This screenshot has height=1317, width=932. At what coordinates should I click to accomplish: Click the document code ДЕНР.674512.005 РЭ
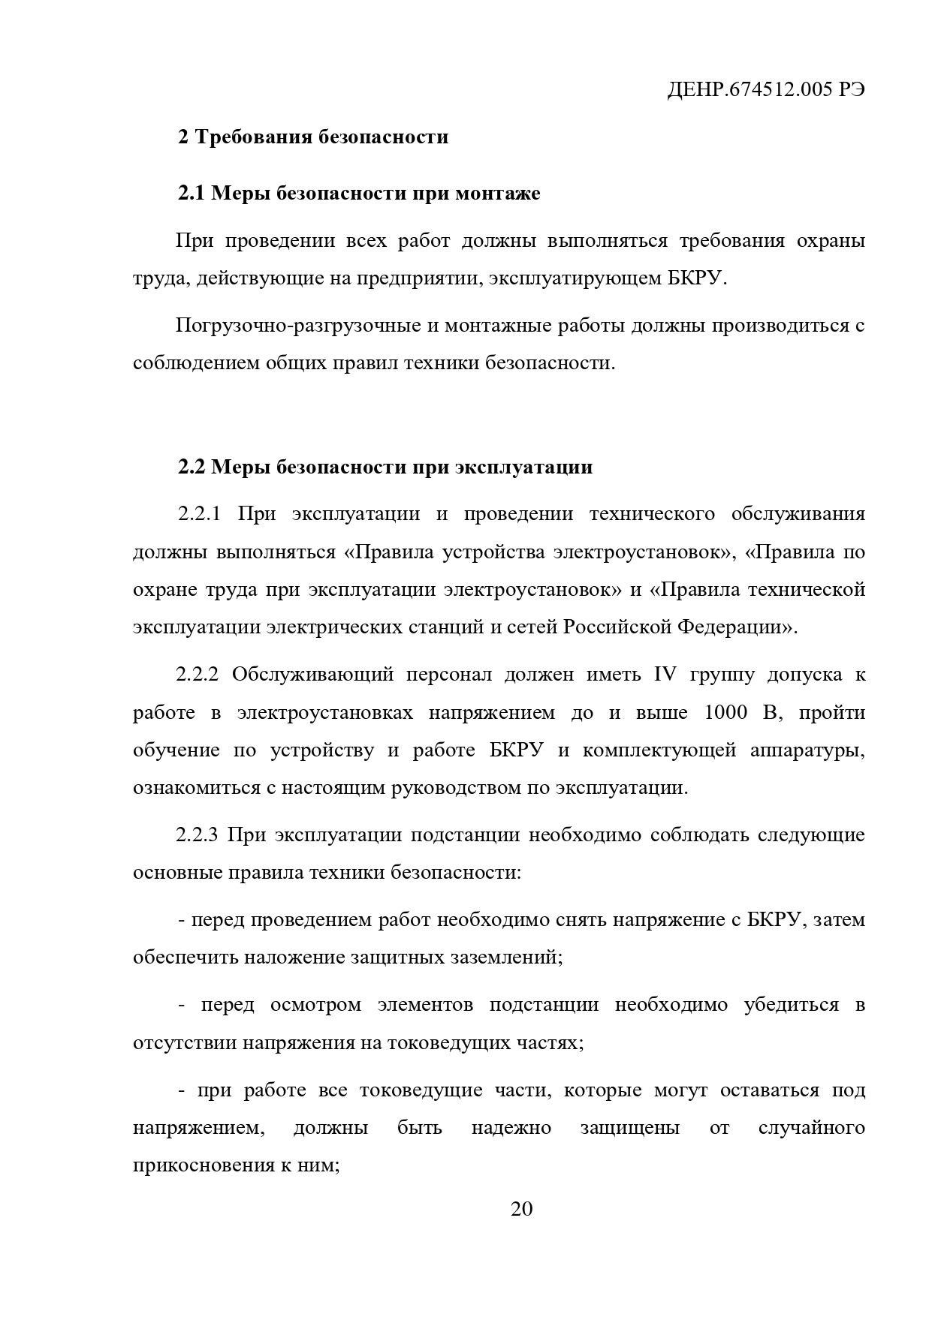[x=765, y=90]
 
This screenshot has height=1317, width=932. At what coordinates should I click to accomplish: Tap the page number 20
[x=521, y=1209]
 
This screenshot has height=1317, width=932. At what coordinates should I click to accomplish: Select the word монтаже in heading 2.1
[x=497, y=194]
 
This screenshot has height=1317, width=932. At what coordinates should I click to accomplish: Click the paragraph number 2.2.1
[x=199, y=515]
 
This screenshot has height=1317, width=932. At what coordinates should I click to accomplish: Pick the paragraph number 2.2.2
[x=197, y=675]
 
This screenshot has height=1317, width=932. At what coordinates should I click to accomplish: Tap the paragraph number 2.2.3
[x=197, y=835]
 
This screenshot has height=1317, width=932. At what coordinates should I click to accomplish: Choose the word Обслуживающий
[x=312, y=675]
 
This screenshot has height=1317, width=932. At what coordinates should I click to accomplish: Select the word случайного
[x=811, y=1129]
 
